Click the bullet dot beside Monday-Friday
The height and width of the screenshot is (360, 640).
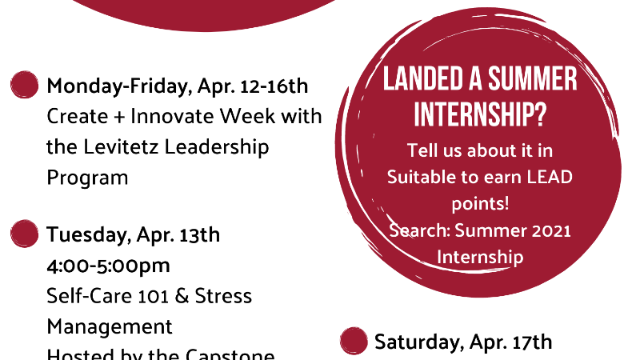click(25, 85)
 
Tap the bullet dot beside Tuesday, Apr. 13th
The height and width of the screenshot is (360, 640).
click(25, 234)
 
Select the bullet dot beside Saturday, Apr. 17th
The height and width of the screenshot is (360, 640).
click(354, 341)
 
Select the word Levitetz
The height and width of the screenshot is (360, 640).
click(121, 147)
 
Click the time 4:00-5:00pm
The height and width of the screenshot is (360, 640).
click(108, 266)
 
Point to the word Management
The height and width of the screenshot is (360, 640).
click(110, 327)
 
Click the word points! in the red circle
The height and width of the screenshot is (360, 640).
click(480, 204)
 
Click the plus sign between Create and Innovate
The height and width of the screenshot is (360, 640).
click(118, 117)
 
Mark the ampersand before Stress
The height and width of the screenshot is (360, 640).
click(182, 296)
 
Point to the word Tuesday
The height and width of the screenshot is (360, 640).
click(90, 235)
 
